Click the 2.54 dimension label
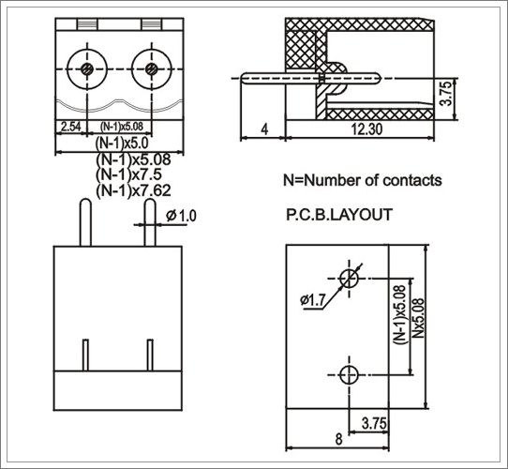tap(70, 127)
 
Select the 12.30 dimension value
tap(366, 129)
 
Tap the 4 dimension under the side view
tap(264, 129)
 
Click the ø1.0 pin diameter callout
tap(181, 216)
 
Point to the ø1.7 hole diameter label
tap(312, 300)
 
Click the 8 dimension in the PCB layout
tap(338, 439)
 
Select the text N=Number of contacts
tap(363, 180)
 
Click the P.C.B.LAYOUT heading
tap(339, 215)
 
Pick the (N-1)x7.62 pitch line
tap(133, 190)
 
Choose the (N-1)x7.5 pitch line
tap(128, 174)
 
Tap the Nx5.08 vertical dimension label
tap(418, 318)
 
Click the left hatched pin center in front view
tap(87, 69)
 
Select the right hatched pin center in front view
tap(152, 69)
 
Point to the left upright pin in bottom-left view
tap(85, 222)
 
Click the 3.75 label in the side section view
tap(446, 94)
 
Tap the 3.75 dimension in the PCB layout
tap(374, 423)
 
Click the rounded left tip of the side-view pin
tap(242, 79)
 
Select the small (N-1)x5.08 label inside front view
tap(122, 127)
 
